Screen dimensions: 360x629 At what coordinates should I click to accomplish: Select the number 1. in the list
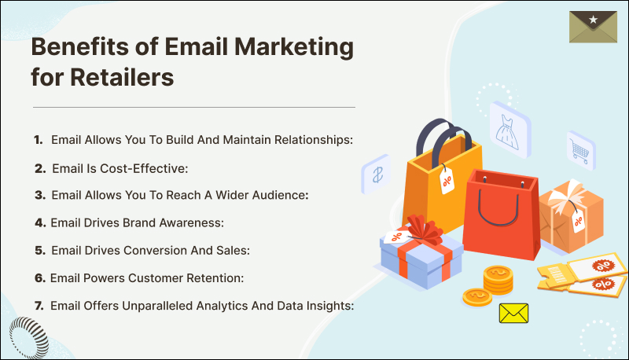coord(37,139)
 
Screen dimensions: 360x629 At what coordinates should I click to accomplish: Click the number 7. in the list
coord(37,306)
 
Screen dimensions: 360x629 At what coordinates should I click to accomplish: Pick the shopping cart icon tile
coord(579,148)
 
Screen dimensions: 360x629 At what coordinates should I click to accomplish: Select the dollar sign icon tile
coord(377,174)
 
